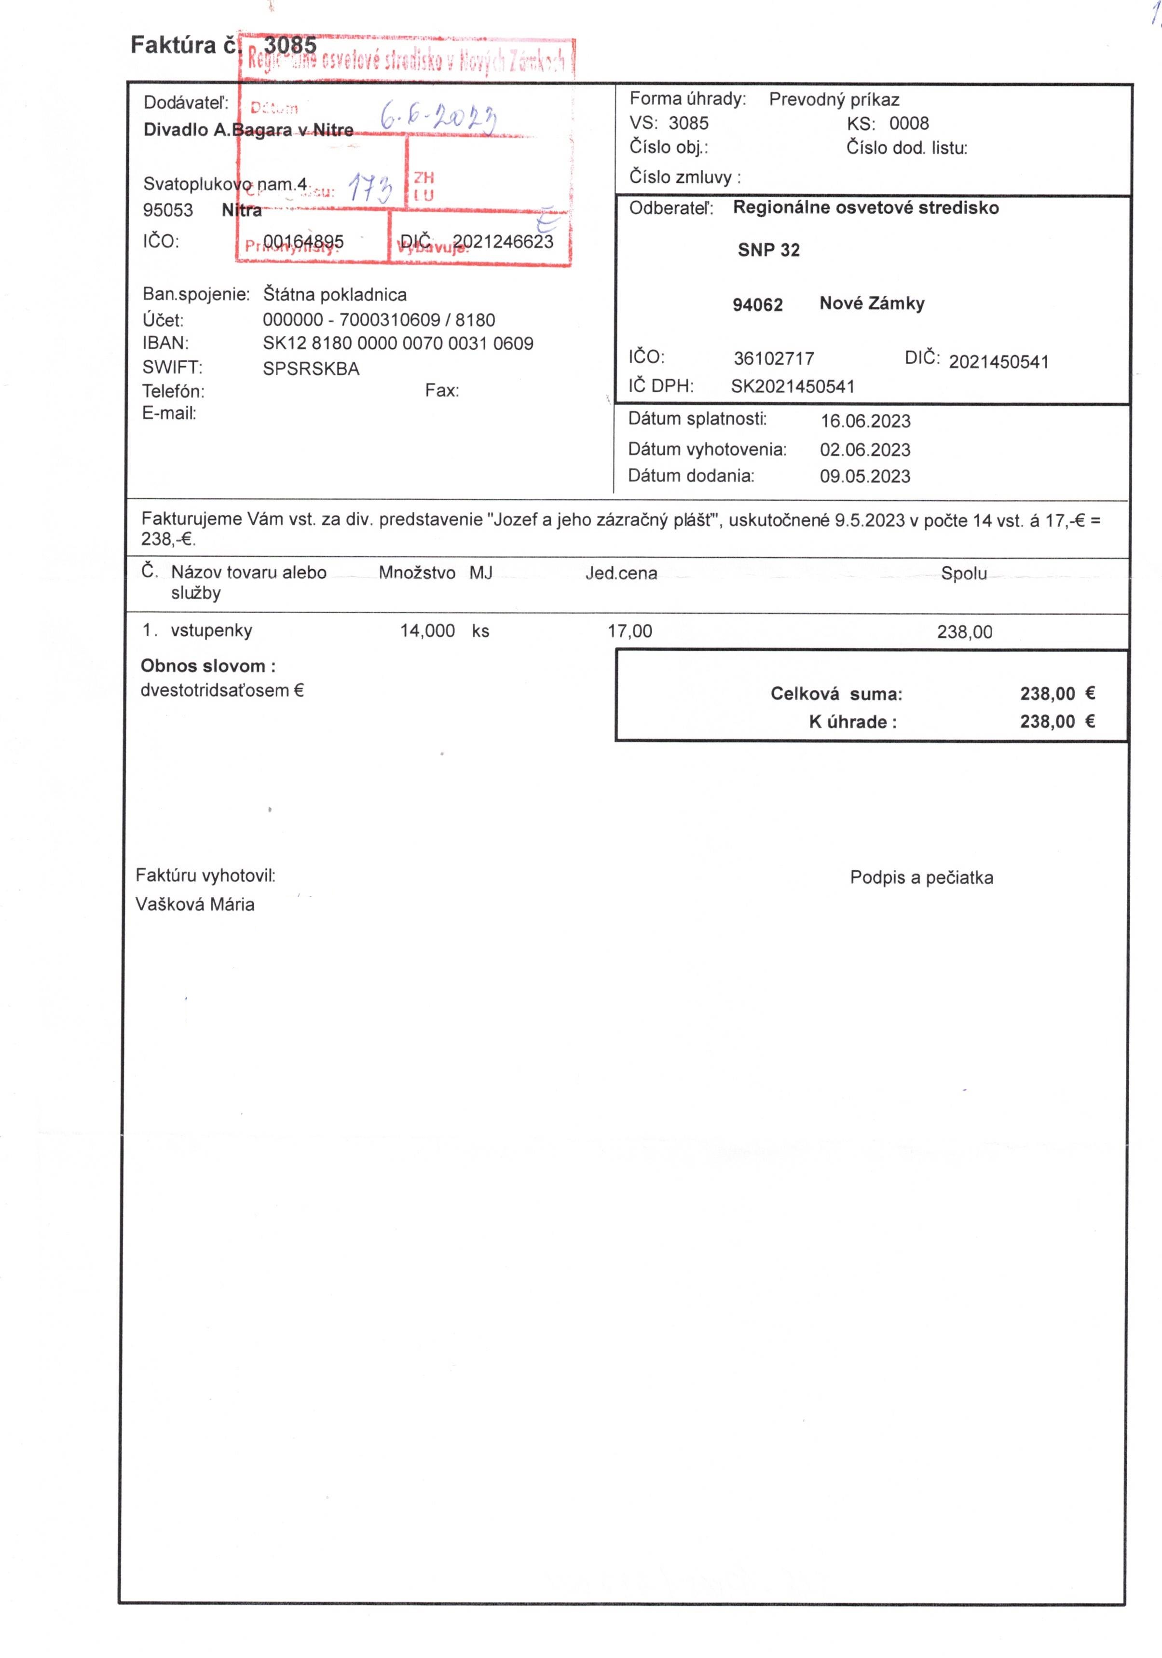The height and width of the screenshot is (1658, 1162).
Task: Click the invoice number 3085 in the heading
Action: [290, 45]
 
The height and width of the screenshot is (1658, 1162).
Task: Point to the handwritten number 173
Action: [370, 189]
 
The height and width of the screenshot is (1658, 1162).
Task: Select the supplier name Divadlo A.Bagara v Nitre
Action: [248, 130]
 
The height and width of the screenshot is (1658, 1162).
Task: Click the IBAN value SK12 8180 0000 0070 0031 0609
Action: [398, 344]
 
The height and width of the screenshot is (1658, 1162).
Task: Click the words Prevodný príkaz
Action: [834, 100]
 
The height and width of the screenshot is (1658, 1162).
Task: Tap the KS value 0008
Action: [908, 123]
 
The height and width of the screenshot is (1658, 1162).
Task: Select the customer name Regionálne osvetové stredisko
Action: [865, 208]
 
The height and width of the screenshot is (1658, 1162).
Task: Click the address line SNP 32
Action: [768, 250]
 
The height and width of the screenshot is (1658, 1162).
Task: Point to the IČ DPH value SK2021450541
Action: [792, 386]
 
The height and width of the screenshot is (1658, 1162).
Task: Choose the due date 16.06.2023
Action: [865, 421]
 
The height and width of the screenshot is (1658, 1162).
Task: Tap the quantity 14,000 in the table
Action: [427, 631]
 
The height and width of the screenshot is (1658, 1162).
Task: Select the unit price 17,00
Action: [630, 631]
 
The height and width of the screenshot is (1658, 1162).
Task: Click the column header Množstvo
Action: [417, 574]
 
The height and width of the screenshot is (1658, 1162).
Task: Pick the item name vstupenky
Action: [212, 630]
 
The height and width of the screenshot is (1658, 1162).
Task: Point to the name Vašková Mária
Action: [195, 904]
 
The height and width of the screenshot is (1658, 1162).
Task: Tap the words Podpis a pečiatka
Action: [921, 877]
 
